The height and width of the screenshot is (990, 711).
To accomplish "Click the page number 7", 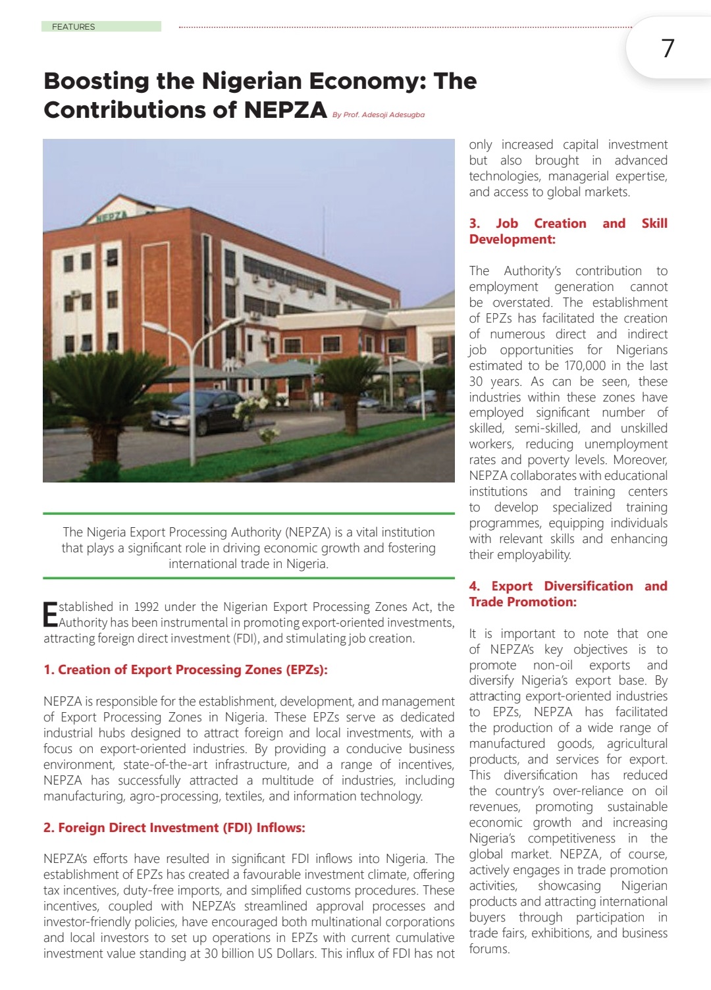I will coord(668,48).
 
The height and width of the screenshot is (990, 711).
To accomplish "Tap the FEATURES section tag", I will coord(74,26).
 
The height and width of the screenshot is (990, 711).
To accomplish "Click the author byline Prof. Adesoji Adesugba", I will coord(379,115).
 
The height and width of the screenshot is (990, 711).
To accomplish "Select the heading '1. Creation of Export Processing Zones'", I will coord(185,669).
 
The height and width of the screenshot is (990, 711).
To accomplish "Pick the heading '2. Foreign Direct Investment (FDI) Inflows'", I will coord(174,827).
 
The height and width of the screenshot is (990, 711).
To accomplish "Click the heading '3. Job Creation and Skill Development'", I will coord(567,231).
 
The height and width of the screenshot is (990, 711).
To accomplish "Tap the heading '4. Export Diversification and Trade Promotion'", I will coord(567,594).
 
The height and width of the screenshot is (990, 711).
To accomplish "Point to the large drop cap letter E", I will coord(50,615).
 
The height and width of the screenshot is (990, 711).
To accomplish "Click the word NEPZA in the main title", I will coord(285,109).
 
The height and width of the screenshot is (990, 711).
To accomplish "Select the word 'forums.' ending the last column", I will coord(489,949).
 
